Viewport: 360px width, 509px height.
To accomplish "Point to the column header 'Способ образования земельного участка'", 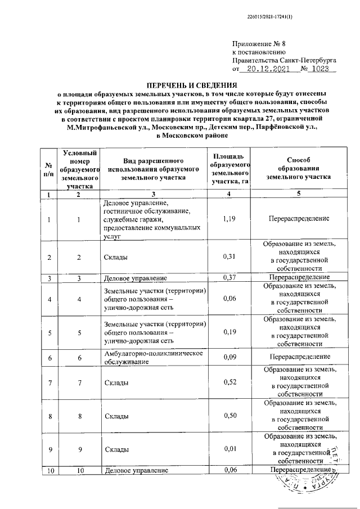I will click(298, 168).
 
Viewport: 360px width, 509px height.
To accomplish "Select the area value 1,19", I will click(228, 218).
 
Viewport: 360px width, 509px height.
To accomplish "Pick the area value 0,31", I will click(228, 257).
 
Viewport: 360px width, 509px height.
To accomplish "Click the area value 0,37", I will click(228, 277).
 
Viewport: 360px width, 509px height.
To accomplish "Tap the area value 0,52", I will click(228, 382).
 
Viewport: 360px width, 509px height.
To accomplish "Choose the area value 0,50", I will click(228, 416).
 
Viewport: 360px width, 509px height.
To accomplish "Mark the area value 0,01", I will click(228, 449).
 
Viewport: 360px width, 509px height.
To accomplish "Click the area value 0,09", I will click(228, 357).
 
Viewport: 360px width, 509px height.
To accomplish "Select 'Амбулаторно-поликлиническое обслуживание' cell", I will click(154, 357).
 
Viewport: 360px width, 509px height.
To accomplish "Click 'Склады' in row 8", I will click(115, 416).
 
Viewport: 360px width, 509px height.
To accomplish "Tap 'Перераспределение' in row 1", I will click(298, 218).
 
